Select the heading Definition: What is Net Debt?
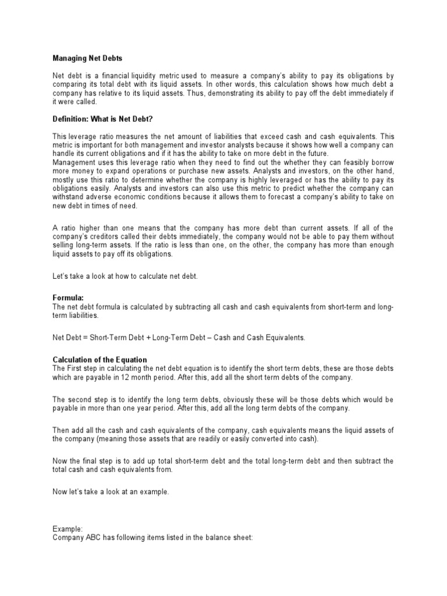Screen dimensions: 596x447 click(102, 119)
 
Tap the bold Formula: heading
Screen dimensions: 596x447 click(69, 297)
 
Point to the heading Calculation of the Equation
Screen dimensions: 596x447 click(100, 360)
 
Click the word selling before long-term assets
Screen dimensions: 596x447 click(66, 246)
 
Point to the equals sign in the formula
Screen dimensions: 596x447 click(87, 338)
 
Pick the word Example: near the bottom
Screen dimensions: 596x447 click(68, 529)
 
